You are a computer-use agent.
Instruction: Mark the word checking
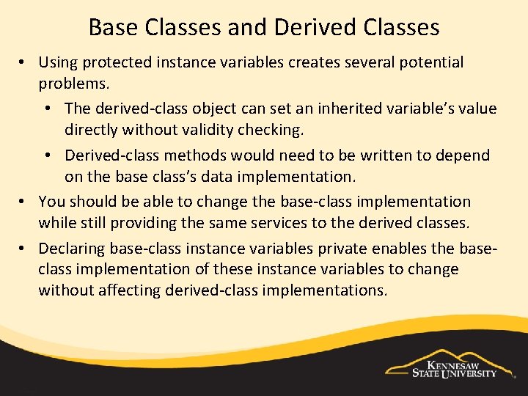point(293,131)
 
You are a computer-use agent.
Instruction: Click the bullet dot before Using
point(24,63)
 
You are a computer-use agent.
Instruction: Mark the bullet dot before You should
point(24,202)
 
